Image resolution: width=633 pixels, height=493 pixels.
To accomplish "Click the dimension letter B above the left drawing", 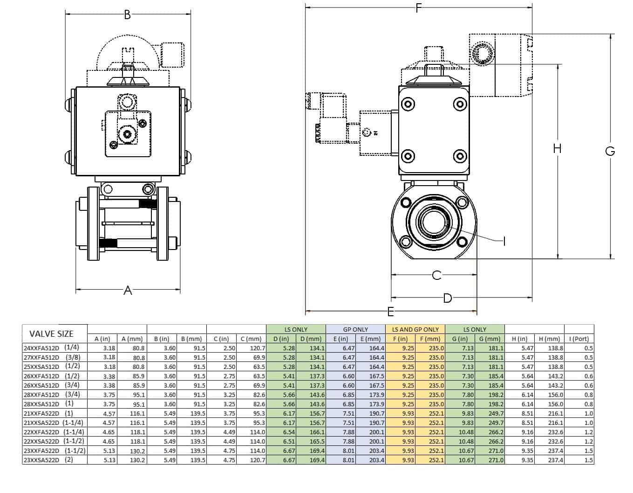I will [128, 14].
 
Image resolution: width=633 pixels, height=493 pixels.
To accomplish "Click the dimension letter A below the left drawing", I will [128, 291].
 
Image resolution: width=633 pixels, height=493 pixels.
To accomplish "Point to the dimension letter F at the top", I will [419, 7].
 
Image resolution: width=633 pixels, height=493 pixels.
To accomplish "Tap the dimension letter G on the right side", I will [610, 151].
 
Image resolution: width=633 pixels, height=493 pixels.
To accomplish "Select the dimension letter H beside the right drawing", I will [557, 148].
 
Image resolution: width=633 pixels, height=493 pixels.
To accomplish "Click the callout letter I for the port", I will [504, 241].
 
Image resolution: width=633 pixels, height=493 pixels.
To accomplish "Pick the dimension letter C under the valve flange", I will [436, 275].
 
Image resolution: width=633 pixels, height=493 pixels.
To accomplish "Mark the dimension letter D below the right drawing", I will [447, 298].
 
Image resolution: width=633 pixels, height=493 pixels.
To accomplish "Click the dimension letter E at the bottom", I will [391, 311].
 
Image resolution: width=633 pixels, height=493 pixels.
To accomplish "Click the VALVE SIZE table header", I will [51, 333].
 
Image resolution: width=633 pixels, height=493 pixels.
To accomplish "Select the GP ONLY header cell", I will [355, 329].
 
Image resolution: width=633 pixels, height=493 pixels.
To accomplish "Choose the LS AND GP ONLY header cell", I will [415, 329].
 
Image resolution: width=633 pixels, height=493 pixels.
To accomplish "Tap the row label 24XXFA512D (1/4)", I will [51, 347].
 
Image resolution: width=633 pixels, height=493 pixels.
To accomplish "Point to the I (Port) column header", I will [579, 339].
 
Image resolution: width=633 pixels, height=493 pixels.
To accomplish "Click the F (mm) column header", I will [430, 339].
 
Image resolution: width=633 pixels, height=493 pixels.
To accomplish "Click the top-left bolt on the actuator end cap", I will [408, 104].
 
